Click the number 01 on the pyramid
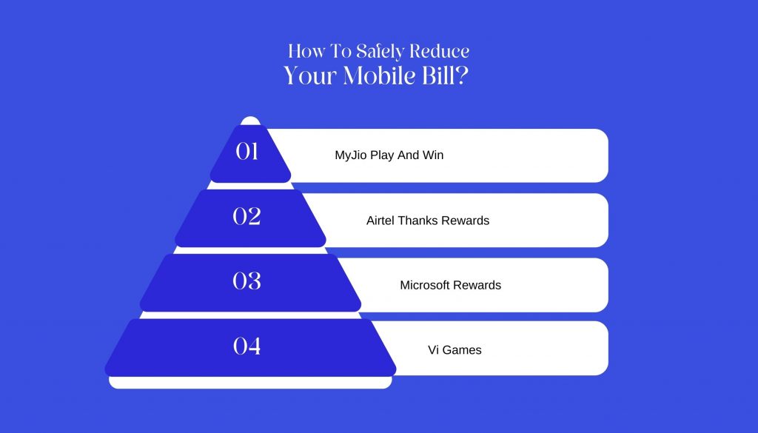click(x=246, y=151)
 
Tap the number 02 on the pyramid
click(x=246, y=216)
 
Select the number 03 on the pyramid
click(x=246, y=281)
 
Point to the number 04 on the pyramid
click(x=246, y=346)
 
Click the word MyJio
click(x=351, y=155)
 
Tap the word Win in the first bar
click(x=433, y=155)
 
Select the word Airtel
click(x=380, y=221)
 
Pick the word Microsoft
click(x=425, y=285)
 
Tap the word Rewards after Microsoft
click(x=477, y=285)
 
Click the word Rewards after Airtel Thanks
click(x=466, y=221)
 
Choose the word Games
click(x=462, y=350)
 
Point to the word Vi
click(x=433, y=350)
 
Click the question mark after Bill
click(x=462, y=75)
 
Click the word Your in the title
click(x=310, y=76)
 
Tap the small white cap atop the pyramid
click(x=250, y=121)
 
